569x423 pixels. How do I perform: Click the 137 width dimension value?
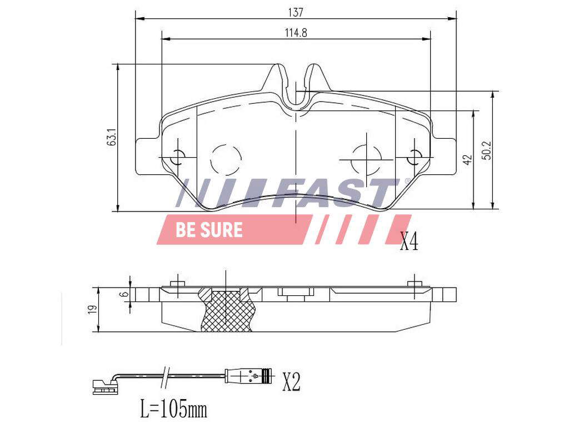click(x=296, y=12)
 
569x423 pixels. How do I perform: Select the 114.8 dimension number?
click(x=296, y=33)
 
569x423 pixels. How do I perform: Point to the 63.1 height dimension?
click(x=112, y=137)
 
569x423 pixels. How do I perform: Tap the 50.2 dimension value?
click(x=487, y=150)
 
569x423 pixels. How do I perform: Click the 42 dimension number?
click(x=468, y=160)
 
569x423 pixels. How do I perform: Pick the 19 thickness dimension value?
click(x=92, y=310)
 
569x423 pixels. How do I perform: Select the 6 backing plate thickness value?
click(x=125, y=294)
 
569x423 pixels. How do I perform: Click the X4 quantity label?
click(x=409, y=241)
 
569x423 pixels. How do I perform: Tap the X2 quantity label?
click(x=291, y=382)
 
